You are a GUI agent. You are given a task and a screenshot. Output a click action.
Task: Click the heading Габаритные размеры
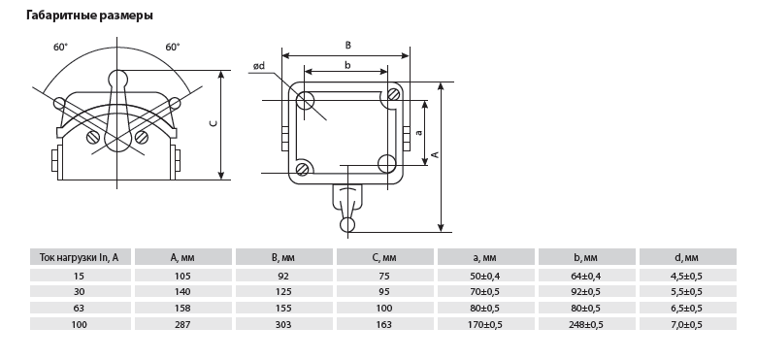[x=89, y=16]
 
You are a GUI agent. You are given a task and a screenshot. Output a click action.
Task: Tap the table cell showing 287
[x=183, y=324]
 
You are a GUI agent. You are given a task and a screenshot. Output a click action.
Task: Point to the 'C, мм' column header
[x=385, y=258]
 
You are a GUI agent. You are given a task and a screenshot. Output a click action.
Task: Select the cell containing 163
[x=384, y=324]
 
